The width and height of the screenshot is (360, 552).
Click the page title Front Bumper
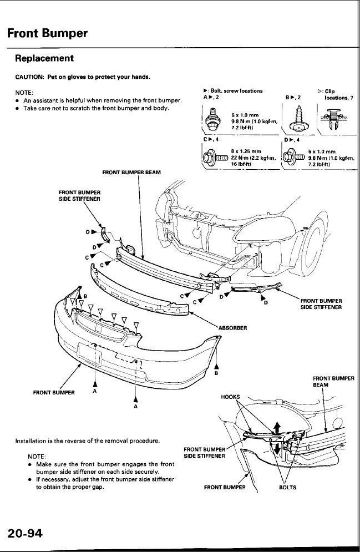coord(47,33)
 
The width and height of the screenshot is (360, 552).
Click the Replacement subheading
coord(44,58)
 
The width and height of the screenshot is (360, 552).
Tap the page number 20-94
coord(25,534)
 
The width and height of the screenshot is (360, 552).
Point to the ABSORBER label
coord(232,327)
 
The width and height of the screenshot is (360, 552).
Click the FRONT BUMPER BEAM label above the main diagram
coord(131,173)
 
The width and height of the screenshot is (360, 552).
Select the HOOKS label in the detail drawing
coord(230,397)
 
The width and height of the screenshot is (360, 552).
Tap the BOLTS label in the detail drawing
coord(287,488)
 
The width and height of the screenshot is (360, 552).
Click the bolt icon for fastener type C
coord(213,156)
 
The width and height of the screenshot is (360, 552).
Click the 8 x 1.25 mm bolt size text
coord(246,151)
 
